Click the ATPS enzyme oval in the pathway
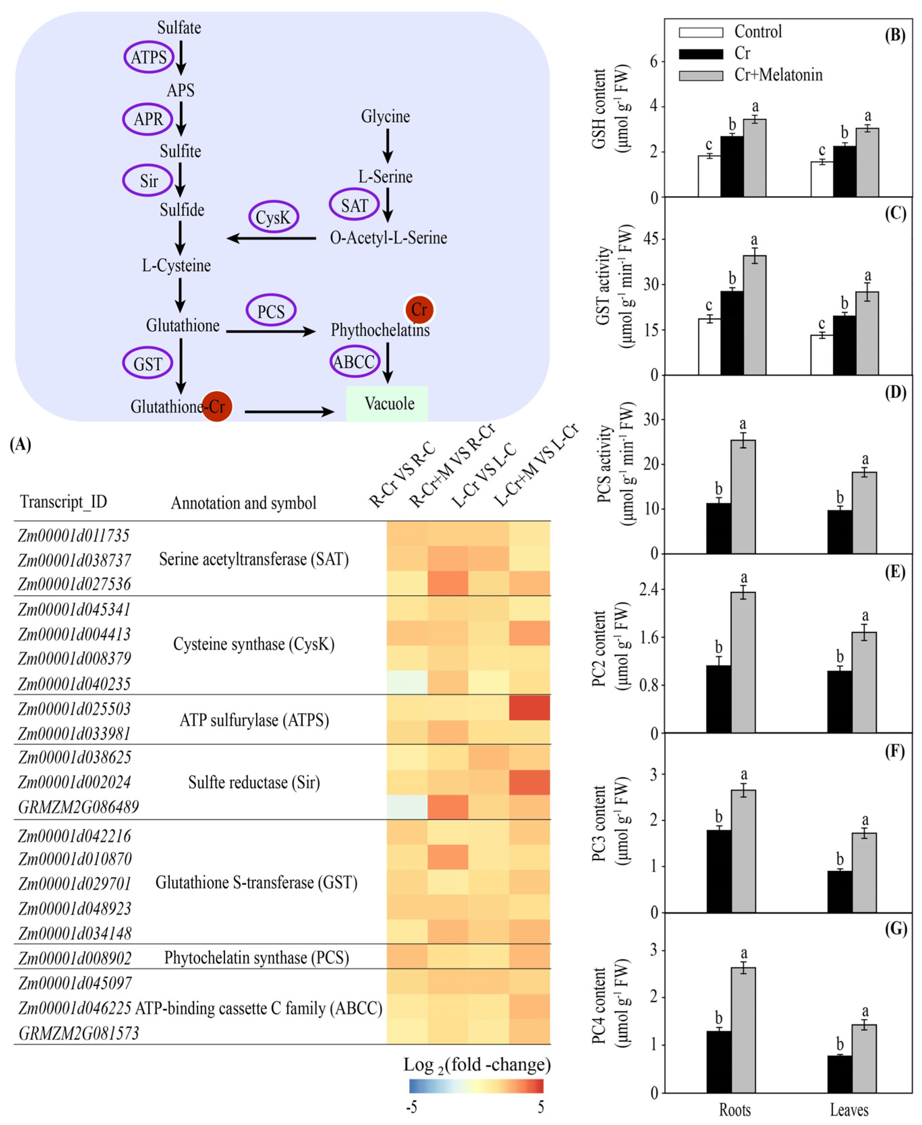coord(149,57)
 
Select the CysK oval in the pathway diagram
coord(273,217)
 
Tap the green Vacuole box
coord(387,404)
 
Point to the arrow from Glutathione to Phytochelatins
coord(271,331)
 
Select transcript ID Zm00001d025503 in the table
coord(74,709)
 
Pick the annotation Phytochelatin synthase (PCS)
coord(256,958)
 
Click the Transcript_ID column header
coord(64,502)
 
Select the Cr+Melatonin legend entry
coord(778,75)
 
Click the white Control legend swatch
coord(701,32)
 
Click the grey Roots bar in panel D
coord(743,496)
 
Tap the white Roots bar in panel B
coord(709,176)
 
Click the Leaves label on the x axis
coord(849,1109)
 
